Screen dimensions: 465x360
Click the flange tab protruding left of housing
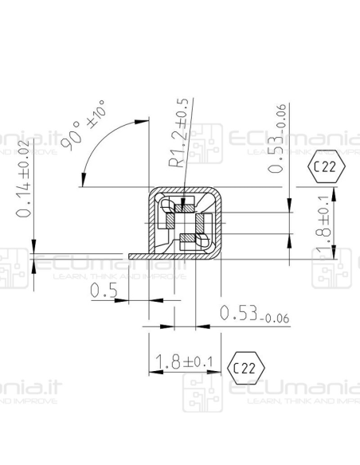138,256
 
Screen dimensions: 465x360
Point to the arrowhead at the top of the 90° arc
144,122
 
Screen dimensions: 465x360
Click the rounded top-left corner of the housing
152,194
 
